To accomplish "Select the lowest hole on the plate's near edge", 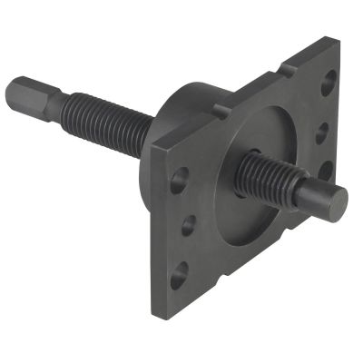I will (x=179, y=271).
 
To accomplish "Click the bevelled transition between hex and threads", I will (x=49, y=102).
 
